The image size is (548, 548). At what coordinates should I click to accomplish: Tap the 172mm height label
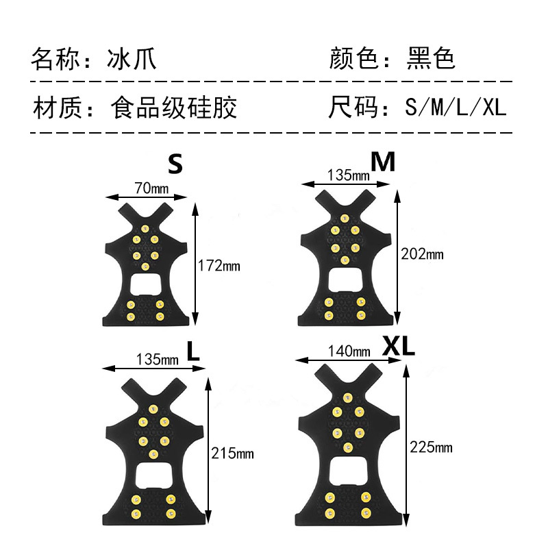219,265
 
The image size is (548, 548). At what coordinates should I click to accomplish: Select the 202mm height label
421,254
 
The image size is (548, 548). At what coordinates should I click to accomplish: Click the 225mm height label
430,448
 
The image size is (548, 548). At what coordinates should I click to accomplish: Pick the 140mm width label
349,351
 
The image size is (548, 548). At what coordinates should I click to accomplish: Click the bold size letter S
176,164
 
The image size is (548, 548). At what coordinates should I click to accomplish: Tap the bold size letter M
383,162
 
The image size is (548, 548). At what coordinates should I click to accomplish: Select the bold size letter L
193,352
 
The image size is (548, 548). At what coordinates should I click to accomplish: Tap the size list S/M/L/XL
455,108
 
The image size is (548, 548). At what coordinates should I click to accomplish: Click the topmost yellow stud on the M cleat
342,219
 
